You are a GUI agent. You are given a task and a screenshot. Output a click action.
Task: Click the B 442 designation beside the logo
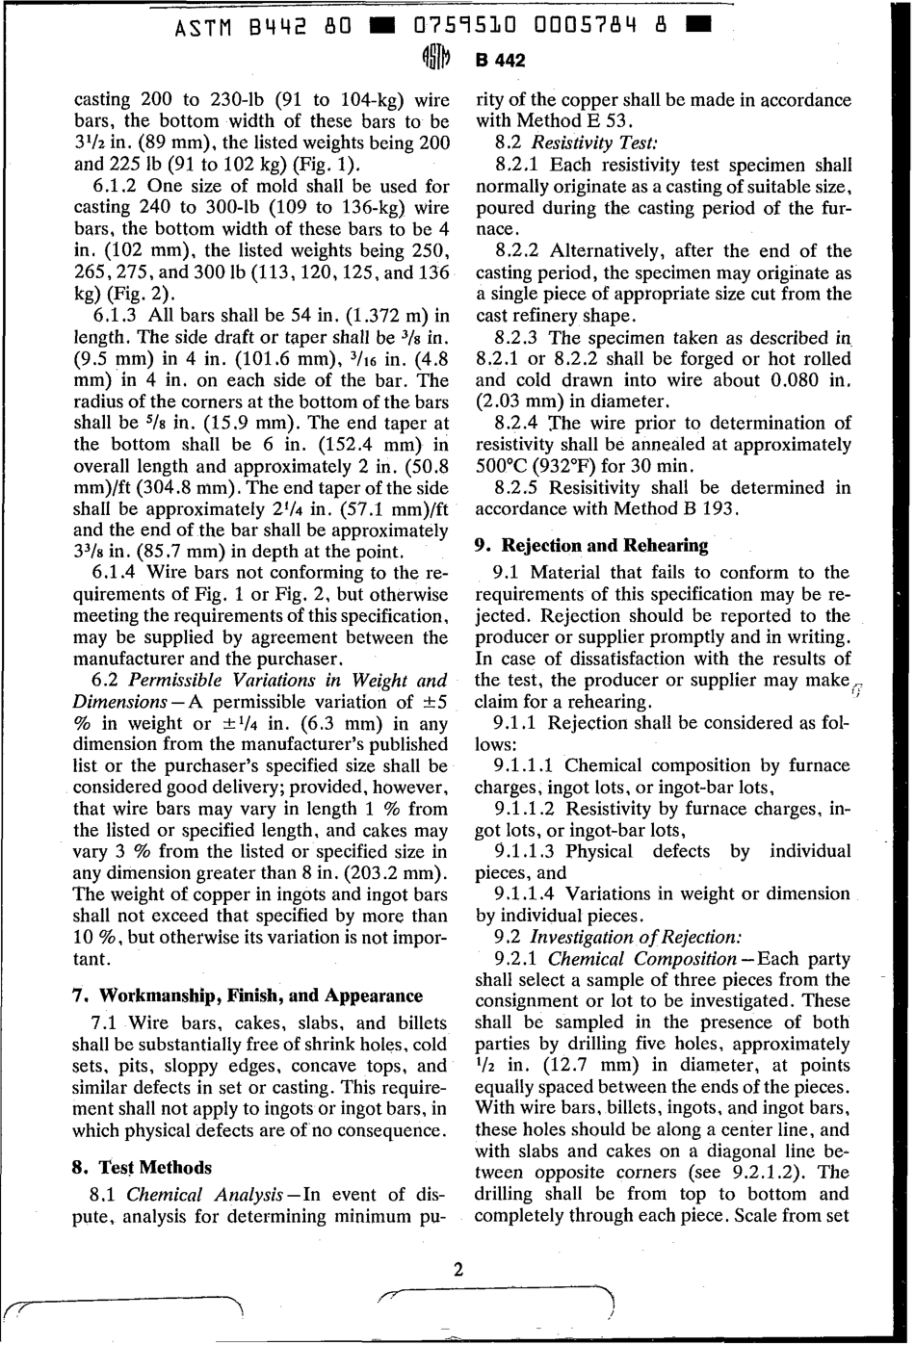[x=499, y=61]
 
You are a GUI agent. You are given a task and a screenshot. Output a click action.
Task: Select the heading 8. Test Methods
[x=143, y=1168]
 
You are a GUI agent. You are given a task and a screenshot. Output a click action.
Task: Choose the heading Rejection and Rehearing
[x=592, y=545]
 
